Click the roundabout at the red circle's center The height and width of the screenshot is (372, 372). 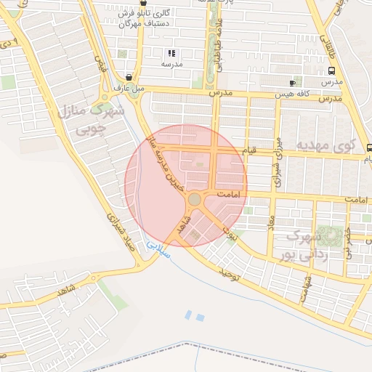pos(194,199)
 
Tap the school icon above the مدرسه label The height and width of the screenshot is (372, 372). pos(172,53)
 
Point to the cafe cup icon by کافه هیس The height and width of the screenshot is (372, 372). pos(293,83)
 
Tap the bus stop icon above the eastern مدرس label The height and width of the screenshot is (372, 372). pos(331,71)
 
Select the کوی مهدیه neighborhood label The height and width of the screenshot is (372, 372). pos(323,146)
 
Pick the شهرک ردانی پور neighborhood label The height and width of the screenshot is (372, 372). pos(307,245)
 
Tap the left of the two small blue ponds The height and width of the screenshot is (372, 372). pos(189,315)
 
